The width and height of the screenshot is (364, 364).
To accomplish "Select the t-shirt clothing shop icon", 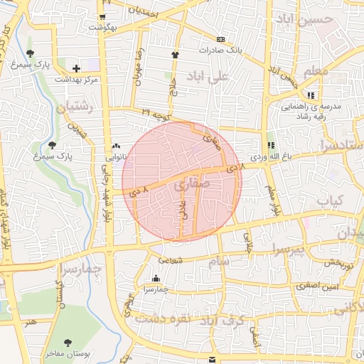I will point(175,54).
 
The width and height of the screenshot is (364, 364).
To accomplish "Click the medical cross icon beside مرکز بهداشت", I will point(75,68).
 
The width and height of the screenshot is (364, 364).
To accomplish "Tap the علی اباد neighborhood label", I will point(208,75).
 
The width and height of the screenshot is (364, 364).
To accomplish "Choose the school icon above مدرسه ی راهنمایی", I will point(310,95).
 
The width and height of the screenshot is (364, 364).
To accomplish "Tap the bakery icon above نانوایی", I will point(116,146).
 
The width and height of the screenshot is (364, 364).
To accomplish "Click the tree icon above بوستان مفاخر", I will point(68,343).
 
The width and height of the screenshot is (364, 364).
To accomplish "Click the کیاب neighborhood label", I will point(330,201).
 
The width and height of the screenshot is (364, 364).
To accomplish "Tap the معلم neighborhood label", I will point(316,71).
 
